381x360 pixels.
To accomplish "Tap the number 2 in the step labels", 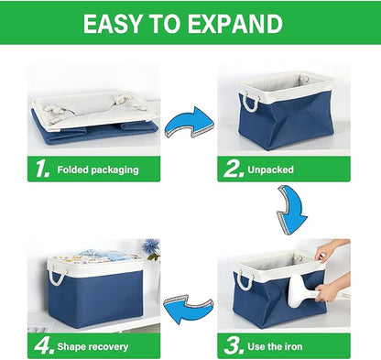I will [233, 169].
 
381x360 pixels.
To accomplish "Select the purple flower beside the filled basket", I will [150, 247].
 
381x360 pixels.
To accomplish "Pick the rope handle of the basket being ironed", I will [244, 277].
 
